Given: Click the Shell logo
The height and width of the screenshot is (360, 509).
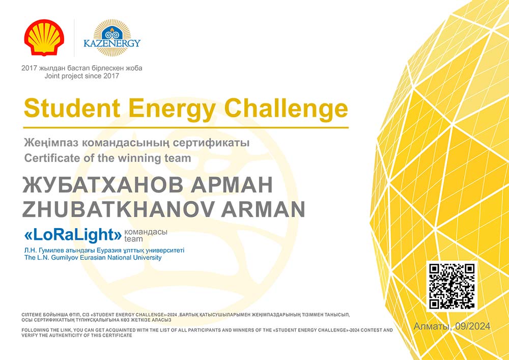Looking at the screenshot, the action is pos(44,37).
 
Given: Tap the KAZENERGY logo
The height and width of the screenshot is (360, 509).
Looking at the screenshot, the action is pos(112,38).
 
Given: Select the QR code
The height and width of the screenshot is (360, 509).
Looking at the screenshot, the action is pos(452,286).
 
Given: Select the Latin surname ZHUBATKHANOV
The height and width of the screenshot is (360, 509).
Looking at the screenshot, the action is pos(118,209).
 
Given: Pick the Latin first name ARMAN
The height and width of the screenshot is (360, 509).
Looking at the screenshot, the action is pos(263,209).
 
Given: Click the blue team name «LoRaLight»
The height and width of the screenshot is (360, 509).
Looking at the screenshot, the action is pos(73,235).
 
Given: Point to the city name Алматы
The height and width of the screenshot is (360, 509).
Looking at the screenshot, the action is pos(433,326).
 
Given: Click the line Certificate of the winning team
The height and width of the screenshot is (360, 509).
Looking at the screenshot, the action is pos(107,158).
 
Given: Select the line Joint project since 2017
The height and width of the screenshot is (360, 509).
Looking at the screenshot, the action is pos(82,76).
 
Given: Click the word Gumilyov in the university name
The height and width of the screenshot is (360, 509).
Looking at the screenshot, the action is pos(60,258).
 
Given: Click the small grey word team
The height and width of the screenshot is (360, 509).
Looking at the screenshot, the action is pos(133,239).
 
